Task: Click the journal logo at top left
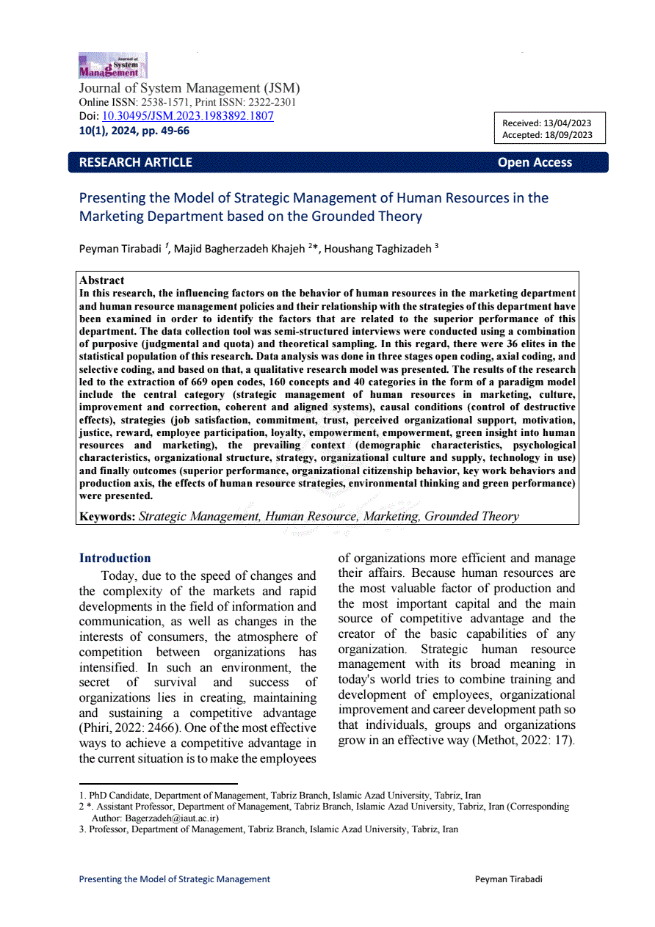112,65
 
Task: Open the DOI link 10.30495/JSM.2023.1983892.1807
187,116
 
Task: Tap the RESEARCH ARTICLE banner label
135,162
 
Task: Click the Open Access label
535,162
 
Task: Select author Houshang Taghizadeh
378,249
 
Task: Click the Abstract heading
101,280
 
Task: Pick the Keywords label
107,516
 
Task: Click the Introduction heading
115,558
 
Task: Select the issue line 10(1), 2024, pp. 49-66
134,131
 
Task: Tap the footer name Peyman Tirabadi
508,879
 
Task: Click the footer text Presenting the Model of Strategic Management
174,879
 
